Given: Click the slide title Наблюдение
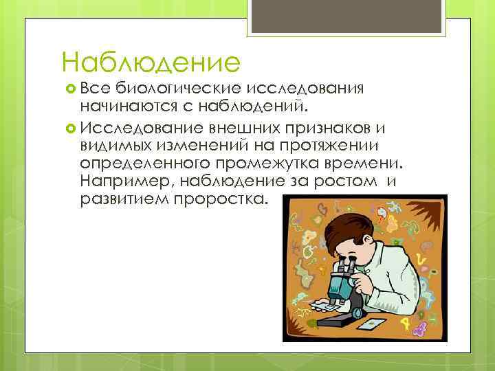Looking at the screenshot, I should point(151,63).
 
